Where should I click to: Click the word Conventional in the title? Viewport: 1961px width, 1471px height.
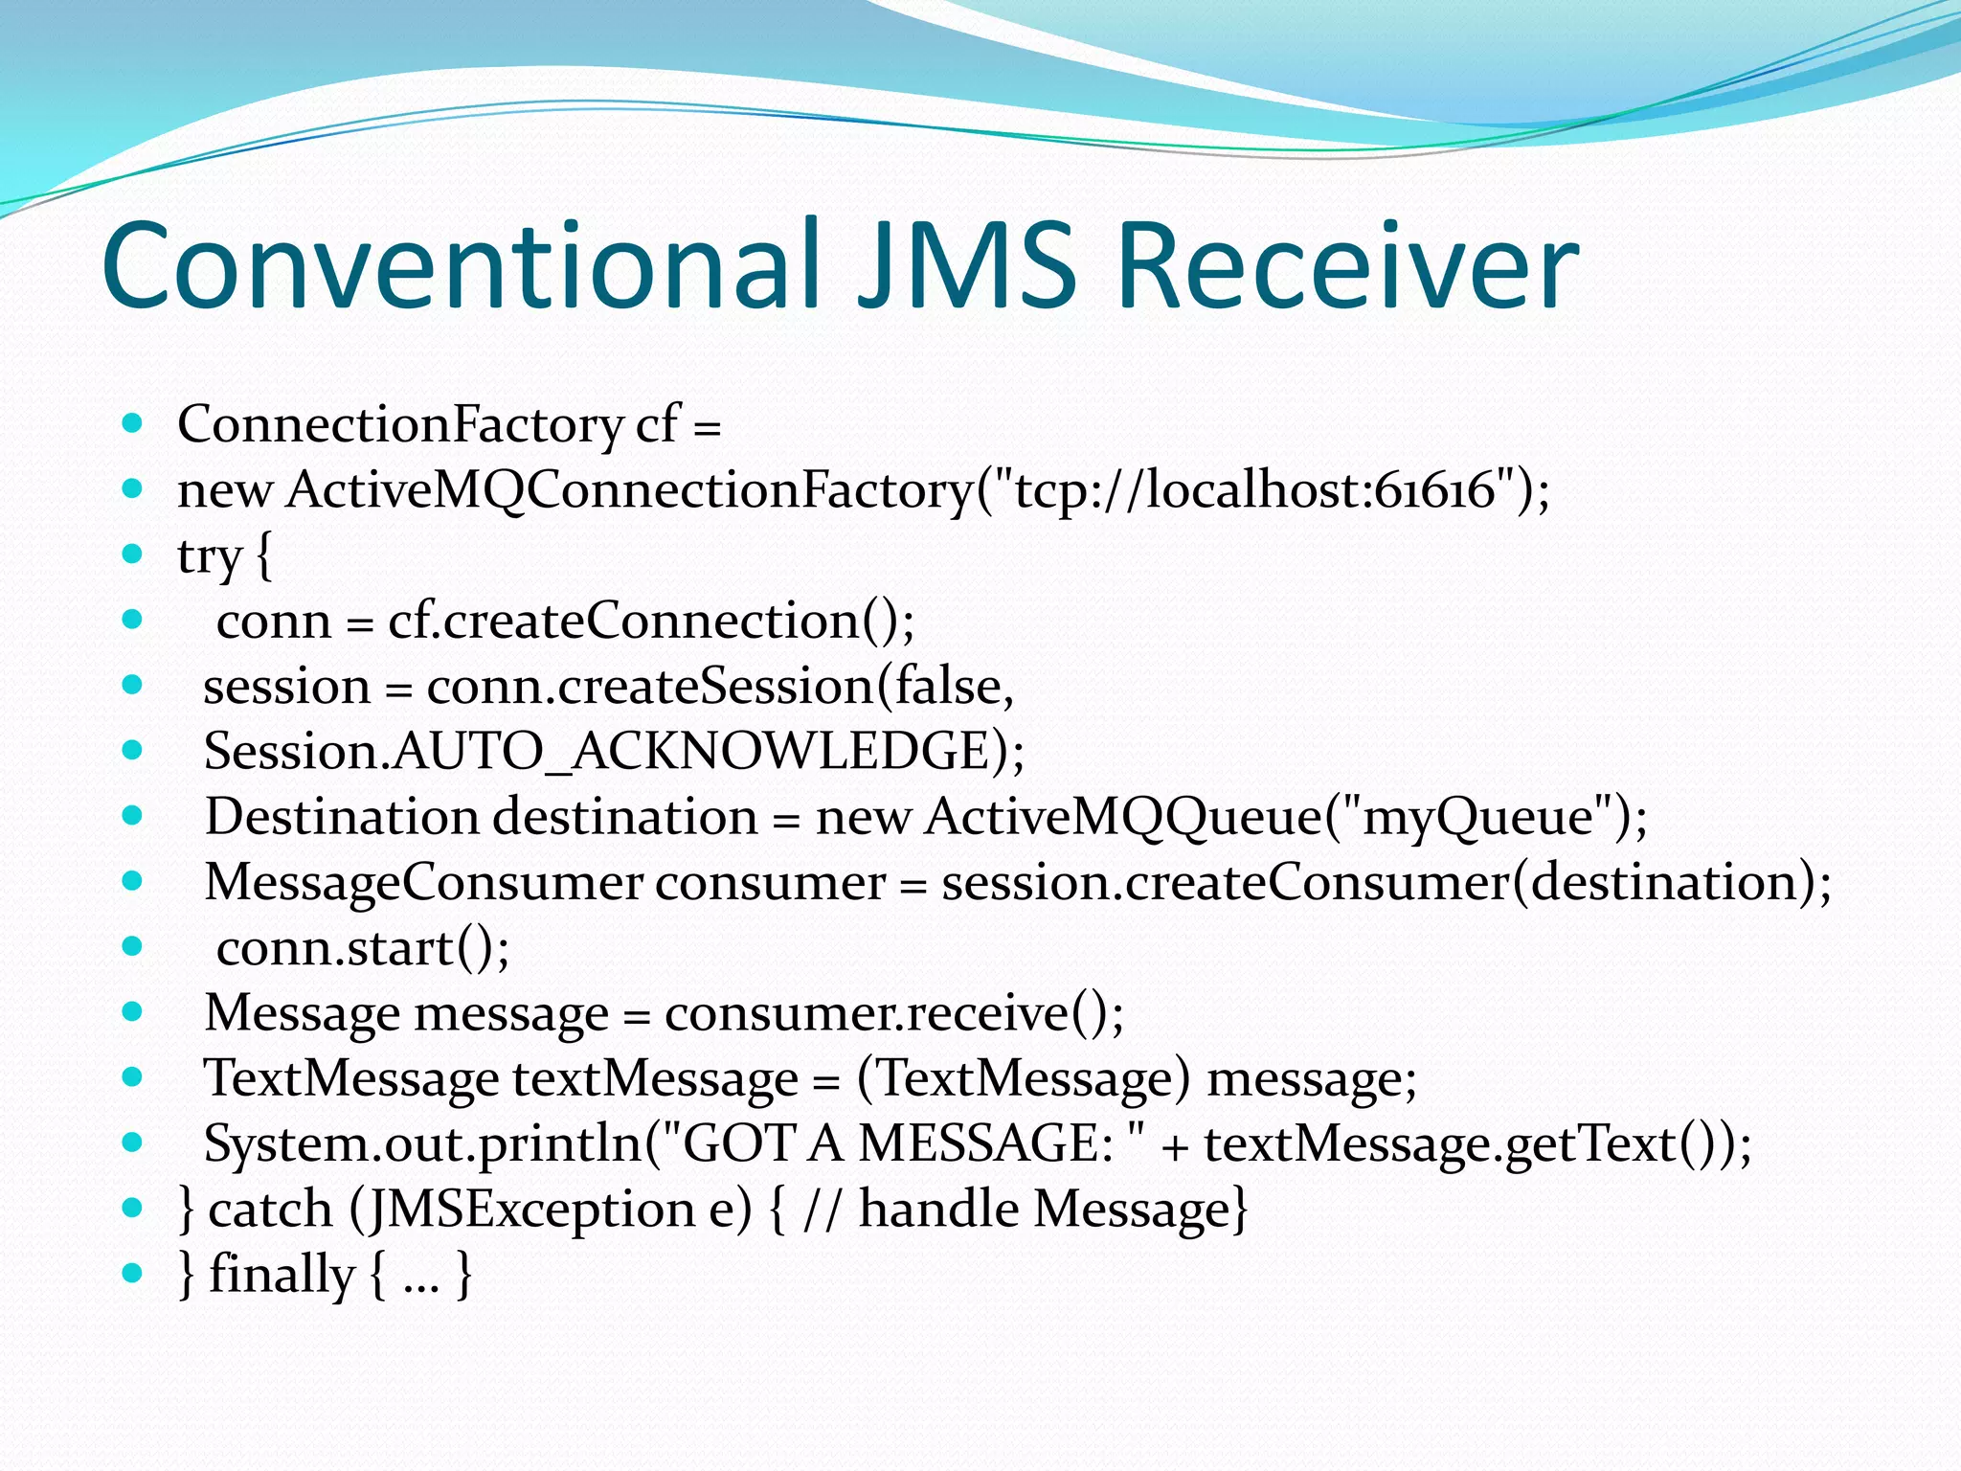(460, 266)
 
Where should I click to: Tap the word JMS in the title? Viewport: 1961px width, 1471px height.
(967, 266)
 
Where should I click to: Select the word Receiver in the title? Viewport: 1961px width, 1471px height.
(1346, 266)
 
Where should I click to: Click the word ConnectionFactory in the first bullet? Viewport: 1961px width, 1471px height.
(400, 424)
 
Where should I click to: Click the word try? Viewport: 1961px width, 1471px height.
(209, 556)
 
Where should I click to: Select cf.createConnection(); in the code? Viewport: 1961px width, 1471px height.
(651, 621)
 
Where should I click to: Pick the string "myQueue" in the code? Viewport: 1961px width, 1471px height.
(1478, 817)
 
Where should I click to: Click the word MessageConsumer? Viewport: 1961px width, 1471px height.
(423, 882)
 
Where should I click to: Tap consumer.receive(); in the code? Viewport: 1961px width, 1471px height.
(894, 1013)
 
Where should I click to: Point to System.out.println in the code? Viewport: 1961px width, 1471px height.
(421, 1143)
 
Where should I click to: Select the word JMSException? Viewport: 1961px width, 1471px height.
(531, 1209)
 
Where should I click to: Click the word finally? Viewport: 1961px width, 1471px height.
(282, 1275)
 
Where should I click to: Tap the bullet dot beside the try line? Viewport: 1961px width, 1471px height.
(133, 554)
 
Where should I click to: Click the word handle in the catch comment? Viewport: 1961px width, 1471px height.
(938, 1209)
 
